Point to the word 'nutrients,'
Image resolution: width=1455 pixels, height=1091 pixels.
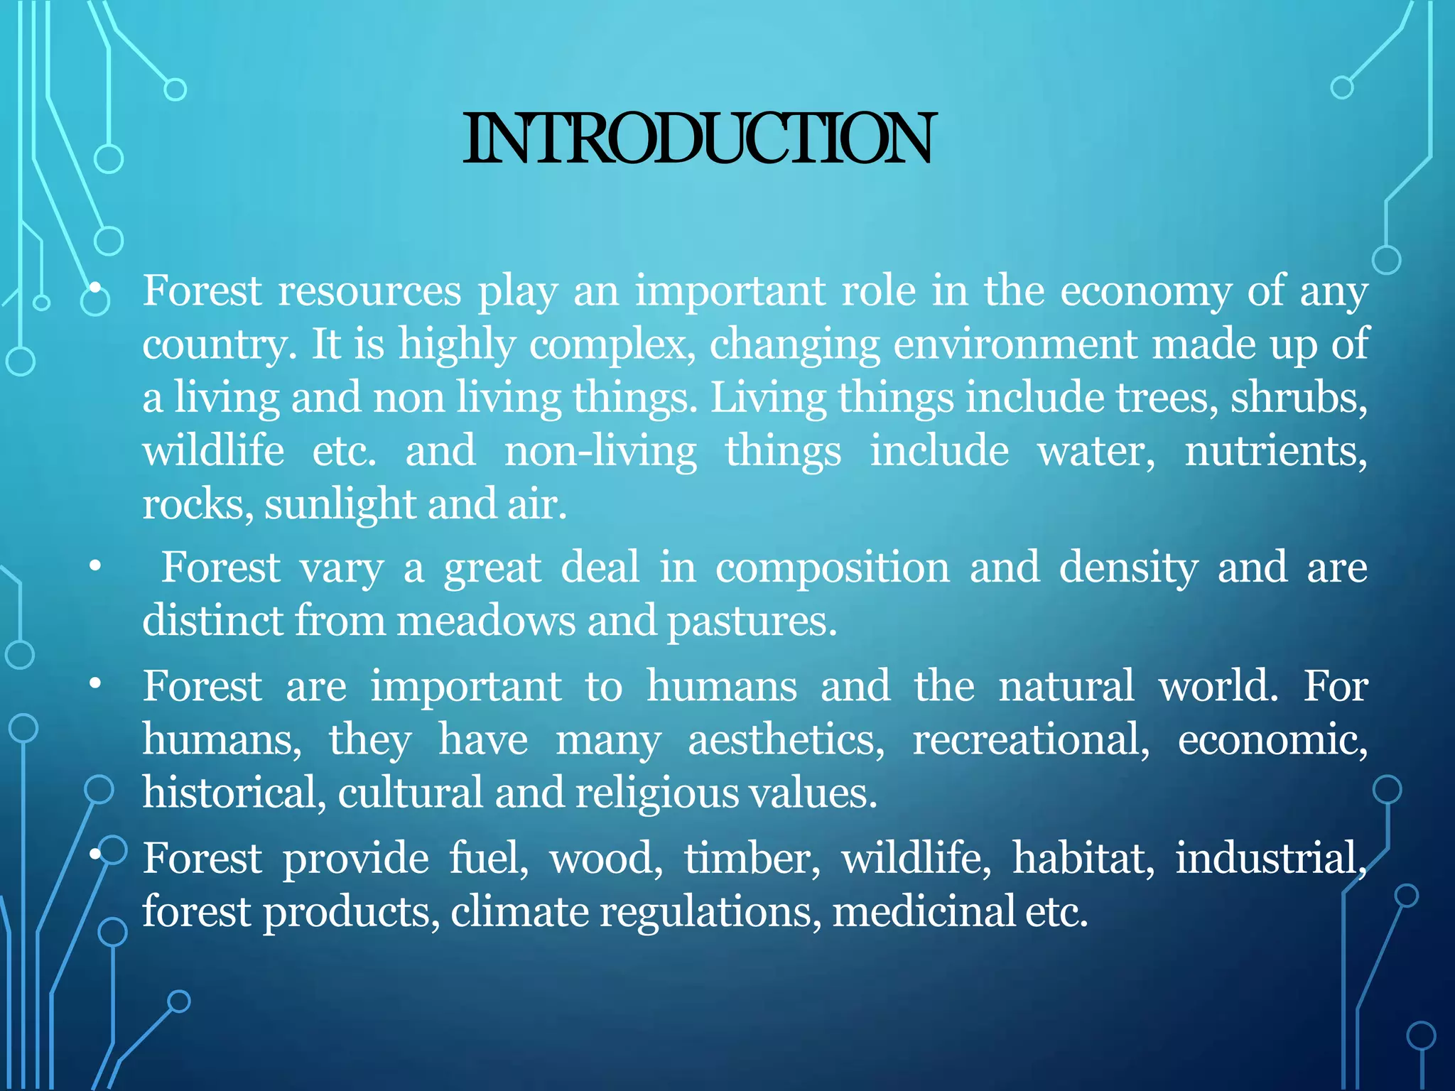click(1275, 451)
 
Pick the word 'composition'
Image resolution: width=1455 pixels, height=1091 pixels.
click(832, 568)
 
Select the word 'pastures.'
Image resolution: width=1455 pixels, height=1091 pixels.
click(752, 621)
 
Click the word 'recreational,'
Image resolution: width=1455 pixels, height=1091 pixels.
click(1031, 740)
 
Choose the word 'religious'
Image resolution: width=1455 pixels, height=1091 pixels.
click(657, 793)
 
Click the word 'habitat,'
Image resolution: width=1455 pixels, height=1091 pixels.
click(1083, 858)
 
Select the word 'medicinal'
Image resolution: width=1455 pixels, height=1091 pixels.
click(924, 911)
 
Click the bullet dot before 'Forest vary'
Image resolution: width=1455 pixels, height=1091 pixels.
click(94, 568)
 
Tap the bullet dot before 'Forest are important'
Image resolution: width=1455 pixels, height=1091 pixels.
click(94, 685)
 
